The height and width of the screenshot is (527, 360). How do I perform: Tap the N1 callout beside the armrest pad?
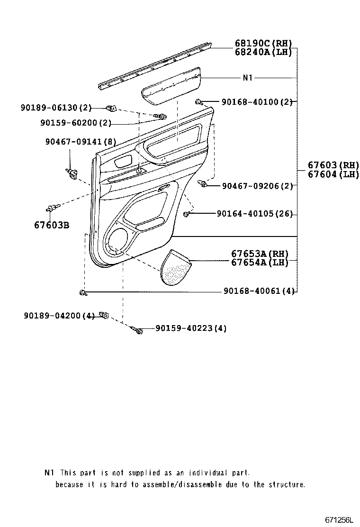(247, 78)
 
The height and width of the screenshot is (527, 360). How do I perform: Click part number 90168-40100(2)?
(256, 102)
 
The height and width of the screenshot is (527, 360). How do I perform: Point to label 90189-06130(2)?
(56, 108)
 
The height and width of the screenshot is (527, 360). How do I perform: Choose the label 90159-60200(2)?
(76, 123)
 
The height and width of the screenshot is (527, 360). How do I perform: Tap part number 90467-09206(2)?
(257, 186)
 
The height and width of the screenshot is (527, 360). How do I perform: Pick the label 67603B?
(51, 225)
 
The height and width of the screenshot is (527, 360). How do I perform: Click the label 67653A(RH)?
(260, 254)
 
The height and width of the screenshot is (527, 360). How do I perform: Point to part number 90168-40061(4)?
(259, 291)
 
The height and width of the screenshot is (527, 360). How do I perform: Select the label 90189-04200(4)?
(59, 315)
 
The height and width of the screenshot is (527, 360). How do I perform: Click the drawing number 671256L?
(339, 520)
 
